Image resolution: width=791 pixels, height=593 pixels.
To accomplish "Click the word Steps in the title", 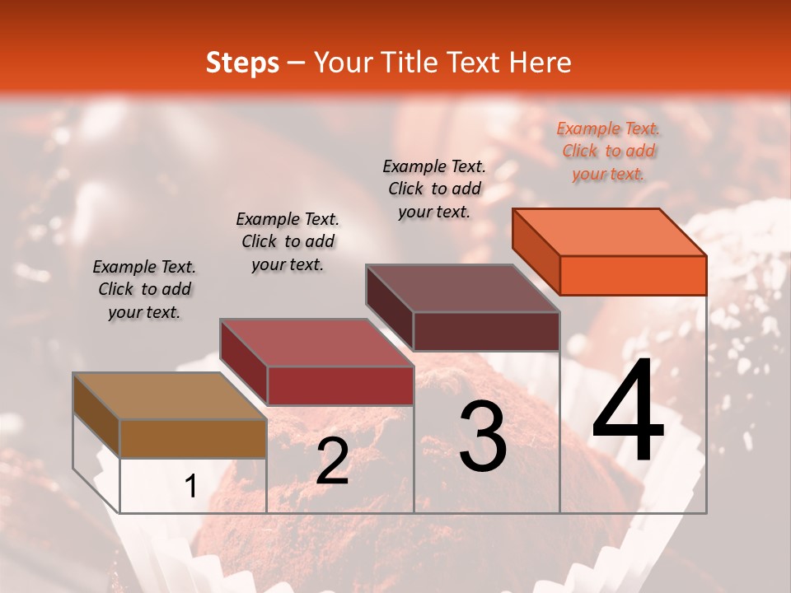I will [242, 63].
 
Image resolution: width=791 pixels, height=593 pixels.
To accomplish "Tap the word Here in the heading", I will [541, 63].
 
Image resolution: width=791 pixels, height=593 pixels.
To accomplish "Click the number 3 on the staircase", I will [483, 437].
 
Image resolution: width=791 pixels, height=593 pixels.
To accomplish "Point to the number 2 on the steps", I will [332, 461].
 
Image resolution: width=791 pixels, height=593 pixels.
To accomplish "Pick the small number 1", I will [191, 487].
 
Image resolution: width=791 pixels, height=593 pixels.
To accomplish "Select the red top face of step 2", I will [316, 343].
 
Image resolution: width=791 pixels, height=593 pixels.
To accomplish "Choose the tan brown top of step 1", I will [170, 396].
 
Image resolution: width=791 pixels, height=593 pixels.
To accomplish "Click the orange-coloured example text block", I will [608, 152].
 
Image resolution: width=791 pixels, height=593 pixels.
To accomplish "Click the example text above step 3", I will [434, 189].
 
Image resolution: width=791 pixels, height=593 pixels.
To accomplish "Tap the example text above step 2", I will [288, 241].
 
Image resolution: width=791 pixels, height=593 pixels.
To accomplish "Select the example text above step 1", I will [144, 290].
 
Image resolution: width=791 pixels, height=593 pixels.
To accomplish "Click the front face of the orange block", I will [633, 275].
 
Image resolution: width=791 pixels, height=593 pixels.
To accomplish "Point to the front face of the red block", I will [339, 385].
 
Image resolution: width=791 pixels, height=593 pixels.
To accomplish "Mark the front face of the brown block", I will [193, 438].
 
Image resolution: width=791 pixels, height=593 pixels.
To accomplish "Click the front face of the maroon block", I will [486, 331].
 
